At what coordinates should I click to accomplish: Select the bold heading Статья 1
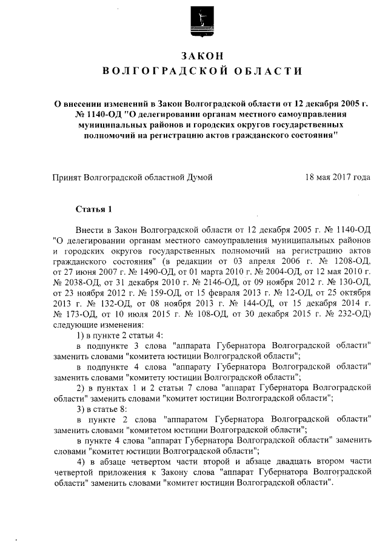pos(94,210)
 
